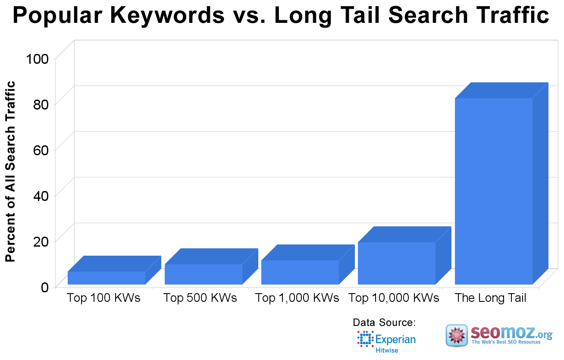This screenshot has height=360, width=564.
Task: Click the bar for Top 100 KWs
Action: [107, 278]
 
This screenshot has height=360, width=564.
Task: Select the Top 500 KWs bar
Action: [204, 274]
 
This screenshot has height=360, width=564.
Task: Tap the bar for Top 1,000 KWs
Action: [300, 272]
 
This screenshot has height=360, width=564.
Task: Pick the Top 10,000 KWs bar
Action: [397, 263]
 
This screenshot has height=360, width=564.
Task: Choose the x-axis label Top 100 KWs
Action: [104, 298]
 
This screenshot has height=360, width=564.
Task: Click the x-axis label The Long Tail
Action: [491, 298]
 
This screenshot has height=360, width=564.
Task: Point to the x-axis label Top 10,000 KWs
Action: [394, 298]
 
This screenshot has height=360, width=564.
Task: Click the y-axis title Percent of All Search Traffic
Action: [10, 172]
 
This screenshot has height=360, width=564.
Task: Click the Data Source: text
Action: [384, 322]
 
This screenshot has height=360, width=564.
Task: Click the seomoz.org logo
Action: [499, 336]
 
